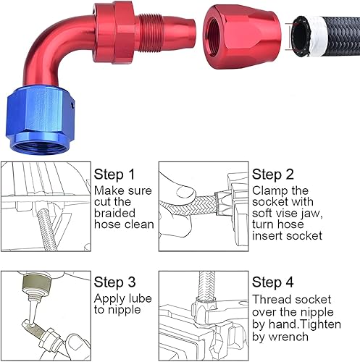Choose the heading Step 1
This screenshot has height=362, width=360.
pos(114,174)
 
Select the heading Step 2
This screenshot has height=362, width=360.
pos(272,174)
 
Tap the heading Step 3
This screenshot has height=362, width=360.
pos(114,282)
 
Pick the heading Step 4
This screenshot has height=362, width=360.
pos(272,282)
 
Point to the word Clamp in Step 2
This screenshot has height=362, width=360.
pos(269,190)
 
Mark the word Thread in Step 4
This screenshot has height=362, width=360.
pos(270,298)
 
